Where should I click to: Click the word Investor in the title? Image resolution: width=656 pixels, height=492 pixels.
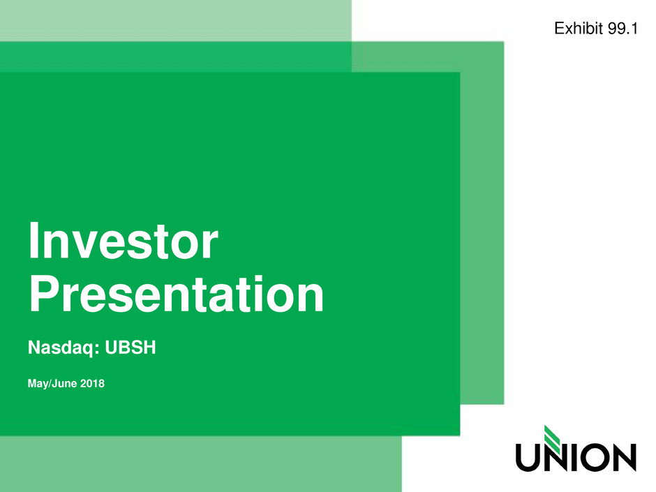pyautogui.click(x=124, y=241)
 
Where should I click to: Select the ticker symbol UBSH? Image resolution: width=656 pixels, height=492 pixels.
pyautogui.click(x=130, y=348)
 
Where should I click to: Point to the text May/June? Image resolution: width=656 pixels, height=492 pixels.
pyautogui.click(x=52, y=384)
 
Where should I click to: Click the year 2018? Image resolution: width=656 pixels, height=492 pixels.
pyautogui.click(x=92, y=383)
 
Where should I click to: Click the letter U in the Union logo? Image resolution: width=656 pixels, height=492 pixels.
pyautogui.click(x=527, y=458)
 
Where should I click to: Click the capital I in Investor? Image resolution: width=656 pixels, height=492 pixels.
pyautogui.click(x=33, y=241)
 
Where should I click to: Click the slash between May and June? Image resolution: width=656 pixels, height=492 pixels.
pyautogui.click(x=50, y=384)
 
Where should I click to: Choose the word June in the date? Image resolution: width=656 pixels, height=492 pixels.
pyautogui.click(x=64, y=384)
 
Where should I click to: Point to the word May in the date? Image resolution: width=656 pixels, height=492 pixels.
pyautogui.click(x=38, y=384)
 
